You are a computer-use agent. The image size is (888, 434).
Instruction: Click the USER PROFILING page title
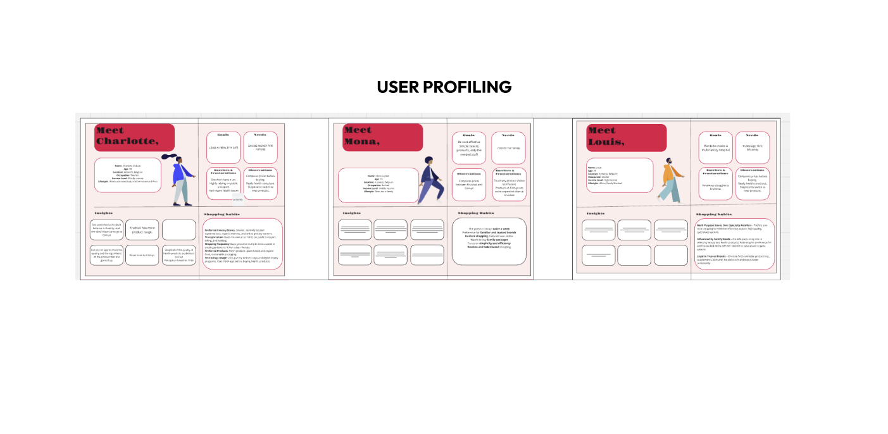[444, 87]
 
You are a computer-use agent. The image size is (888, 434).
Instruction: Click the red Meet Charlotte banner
[134, 137]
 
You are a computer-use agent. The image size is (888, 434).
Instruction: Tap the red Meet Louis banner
[626, 137]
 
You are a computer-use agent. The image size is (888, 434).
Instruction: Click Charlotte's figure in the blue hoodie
[180, 180]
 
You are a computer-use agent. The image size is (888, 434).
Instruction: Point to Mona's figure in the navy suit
[430, 180]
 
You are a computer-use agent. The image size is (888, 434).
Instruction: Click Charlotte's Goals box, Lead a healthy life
[223, 147]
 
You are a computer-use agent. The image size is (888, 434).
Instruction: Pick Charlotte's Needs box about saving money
[260, 147]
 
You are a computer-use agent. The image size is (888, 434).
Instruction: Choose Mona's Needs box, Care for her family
[508, 147]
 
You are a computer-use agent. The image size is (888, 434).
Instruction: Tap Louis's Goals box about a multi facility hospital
[715, 147]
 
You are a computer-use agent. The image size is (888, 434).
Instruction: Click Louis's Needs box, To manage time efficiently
[752, 147]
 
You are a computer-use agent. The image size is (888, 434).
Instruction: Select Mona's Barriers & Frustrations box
[509, 184]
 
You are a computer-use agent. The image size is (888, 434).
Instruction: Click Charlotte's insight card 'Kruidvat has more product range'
[142, 230]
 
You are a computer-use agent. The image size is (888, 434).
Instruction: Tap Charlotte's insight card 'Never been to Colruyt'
[142, 256]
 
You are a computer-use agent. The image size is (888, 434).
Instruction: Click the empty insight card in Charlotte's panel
[179, 230]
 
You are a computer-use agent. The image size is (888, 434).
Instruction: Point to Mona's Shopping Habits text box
[489, 242]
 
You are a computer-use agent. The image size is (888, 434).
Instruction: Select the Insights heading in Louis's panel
[596, 214]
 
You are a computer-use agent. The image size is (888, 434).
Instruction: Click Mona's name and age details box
[378, 184]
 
